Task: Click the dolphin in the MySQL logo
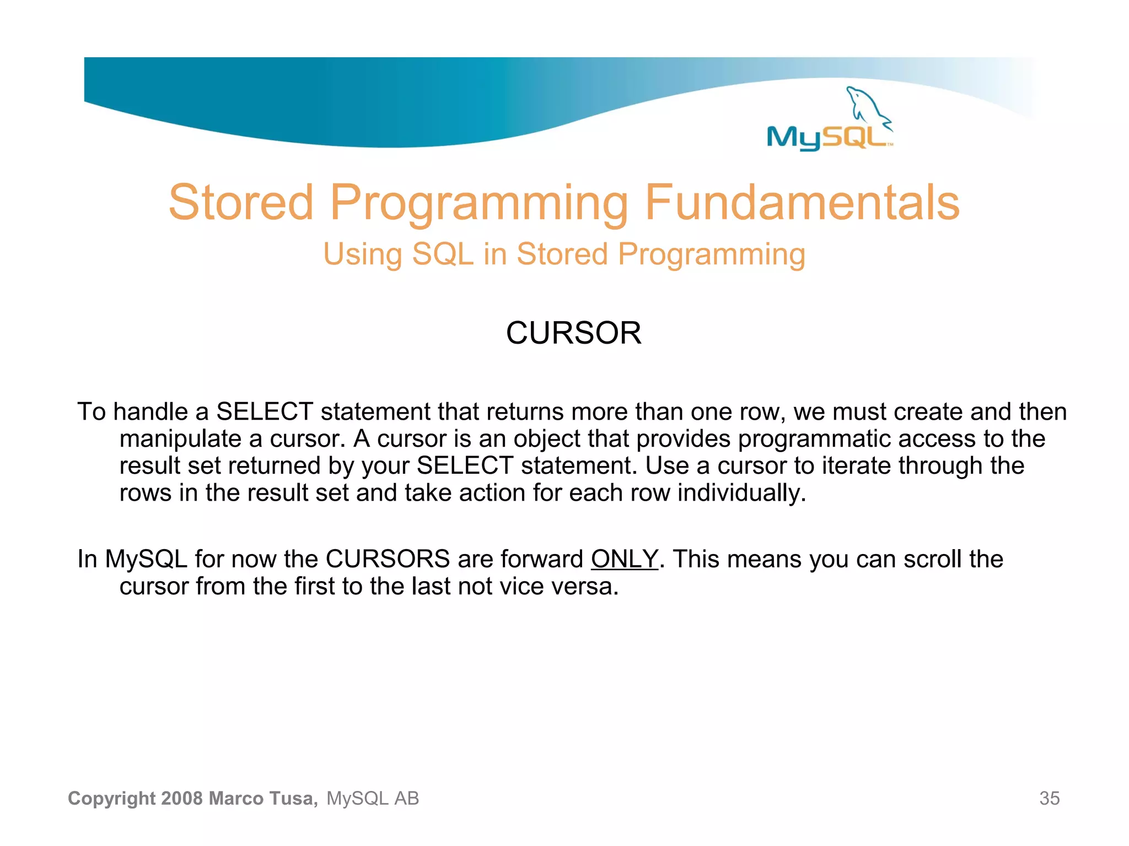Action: [x=867, y=106]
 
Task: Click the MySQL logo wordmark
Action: [x=827, y=137]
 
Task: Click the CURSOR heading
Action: [x=573, y=333]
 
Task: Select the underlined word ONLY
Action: [x=624, y=559]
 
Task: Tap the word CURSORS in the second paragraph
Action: [x=388, y=559]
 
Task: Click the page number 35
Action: [x=1049, y=798]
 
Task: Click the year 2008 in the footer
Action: [x=182, y=798]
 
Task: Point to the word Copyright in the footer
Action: [x=111, y=798]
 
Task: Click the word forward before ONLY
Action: [x=541, y=559]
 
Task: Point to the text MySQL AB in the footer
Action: [x=373, y=798]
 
